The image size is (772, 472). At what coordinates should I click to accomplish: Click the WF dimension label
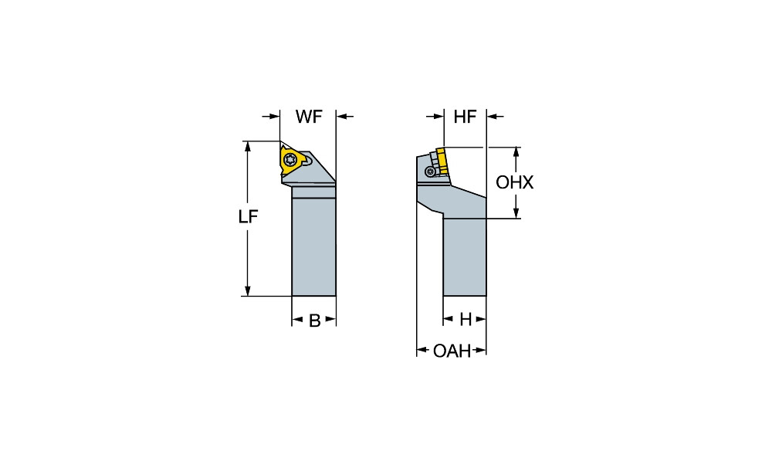309,117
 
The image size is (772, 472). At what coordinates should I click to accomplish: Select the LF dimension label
247,218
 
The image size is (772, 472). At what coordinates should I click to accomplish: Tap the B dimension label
314,321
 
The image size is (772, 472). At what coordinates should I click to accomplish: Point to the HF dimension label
465,117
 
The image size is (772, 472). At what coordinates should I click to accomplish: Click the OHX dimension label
515,183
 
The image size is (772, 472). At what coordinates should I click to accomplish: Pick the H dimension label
466,319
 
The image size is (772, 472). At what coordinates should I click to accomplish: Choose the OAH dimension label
452,351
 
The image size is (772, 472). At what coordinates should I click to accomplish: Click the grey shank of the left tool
313,247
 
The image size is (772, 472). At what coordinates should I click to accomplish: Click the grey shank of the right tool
464,259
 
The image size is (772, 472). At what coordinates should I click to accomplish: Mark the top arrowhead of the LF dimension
247,146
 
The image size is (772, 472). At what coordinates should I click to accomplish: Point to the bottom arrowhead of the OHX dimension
516,214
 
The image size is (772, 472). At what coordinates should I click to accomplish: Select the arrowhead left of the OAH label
422,351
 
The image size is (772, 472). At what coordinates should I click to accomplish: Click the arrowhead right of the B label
331,319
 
